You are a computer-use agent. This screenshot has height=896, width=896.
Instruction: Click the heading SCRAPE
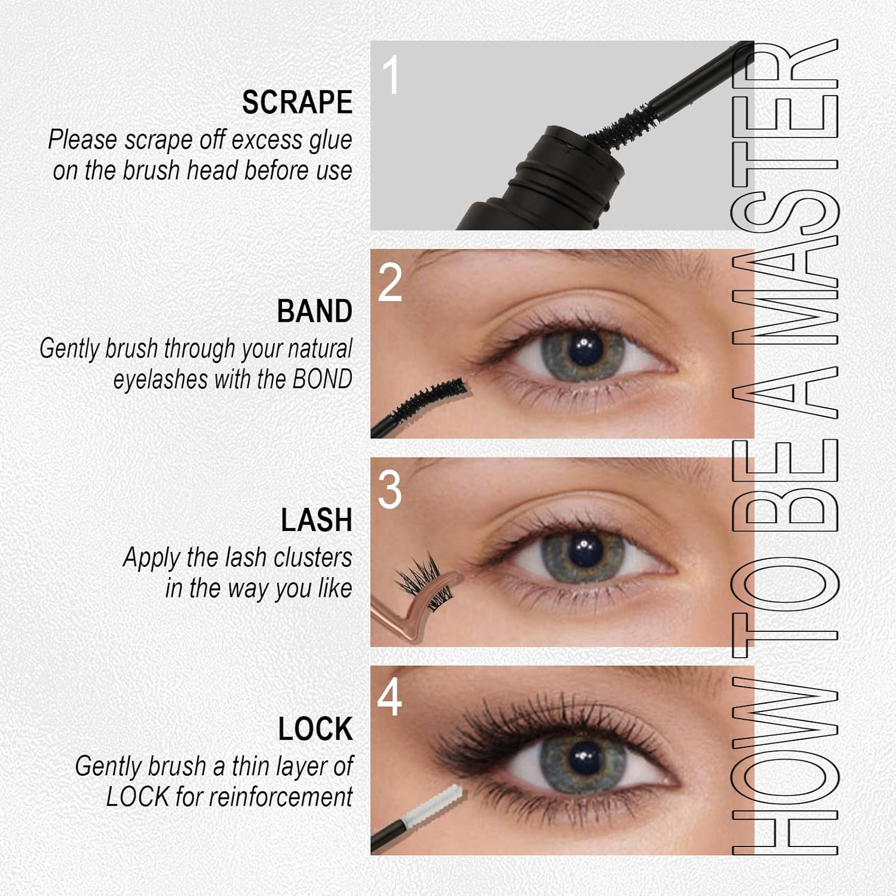coord(297,102)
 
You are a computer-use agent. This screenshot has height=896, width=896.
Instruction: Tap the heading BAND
coord(314,311)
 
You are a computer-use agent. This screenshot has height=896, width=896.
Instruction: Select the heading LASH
coord(316,520)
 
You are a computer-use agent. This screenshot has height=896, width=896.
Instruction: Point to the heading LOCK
coord(315,729)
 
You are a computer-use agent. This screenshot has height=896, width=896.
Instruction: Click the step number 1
coord(391,76)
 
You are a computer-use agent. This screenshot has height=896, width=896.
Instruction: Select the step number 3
coord(390,491)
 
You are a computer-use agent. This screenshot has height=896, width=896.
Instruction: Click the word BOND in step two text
coord(322,379)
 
